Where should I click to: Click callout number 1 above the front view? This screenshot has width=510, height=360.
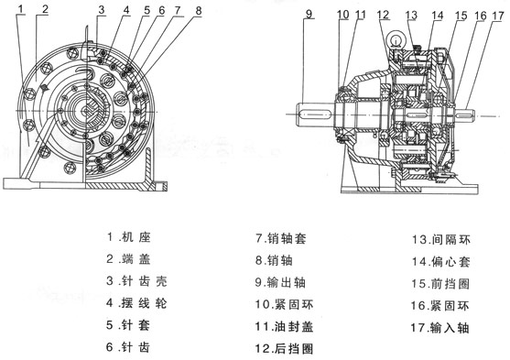tap(19, 10)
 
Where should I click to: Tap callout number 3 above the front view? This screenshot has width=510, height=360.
tap(101, 10)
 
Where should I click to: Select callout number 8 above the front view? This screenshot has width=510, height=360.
tap(198, 11)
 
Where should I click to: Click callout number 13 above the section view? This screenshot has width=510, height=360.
tap(411, 15)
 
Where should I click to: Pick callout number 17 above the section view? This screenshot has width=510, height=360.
tap(495, 16)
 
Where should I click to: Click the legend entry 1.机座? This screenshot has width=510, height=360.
tap(134, 236)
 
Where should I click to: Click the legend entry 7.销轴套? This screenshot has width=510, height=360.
tap(283, 236)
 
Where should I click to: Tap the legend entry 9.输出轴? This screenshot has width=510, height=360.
tap(283, 280)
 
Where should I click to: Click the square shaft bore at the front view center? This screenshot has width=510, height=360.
tap(91, 115)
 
